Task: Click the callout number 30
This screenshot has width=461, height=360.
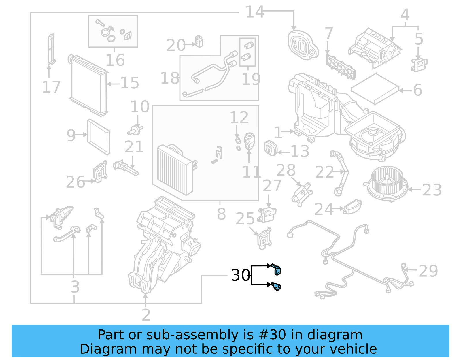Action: coord(241,275)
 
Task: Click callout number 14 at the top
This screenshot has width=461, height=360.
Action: coord(254,12)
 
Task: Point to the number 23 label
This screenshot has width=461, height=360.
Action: coord(432,190)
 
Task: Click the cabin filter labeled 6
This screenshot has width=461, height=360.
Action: coord(375,89)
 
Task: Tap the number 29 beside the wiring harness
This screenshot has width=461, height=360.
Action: coord(428,271)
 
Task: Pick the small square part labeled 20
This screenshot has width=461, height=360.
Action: coord(199,41)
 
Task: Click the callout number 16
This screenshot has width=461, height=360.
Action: coord(115,60)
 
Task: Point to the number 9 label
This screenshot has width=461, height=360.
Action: coord(71,135)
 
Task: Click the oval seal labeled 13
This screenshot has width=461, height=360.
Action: coord(270,148)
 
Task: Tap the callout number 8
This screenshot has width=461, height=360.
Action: coord(221,214)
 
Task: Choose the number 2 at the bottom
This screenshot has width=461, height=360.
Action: coord(146,314)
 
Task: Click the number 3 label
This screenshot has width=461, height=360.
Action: coord(75,287)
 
